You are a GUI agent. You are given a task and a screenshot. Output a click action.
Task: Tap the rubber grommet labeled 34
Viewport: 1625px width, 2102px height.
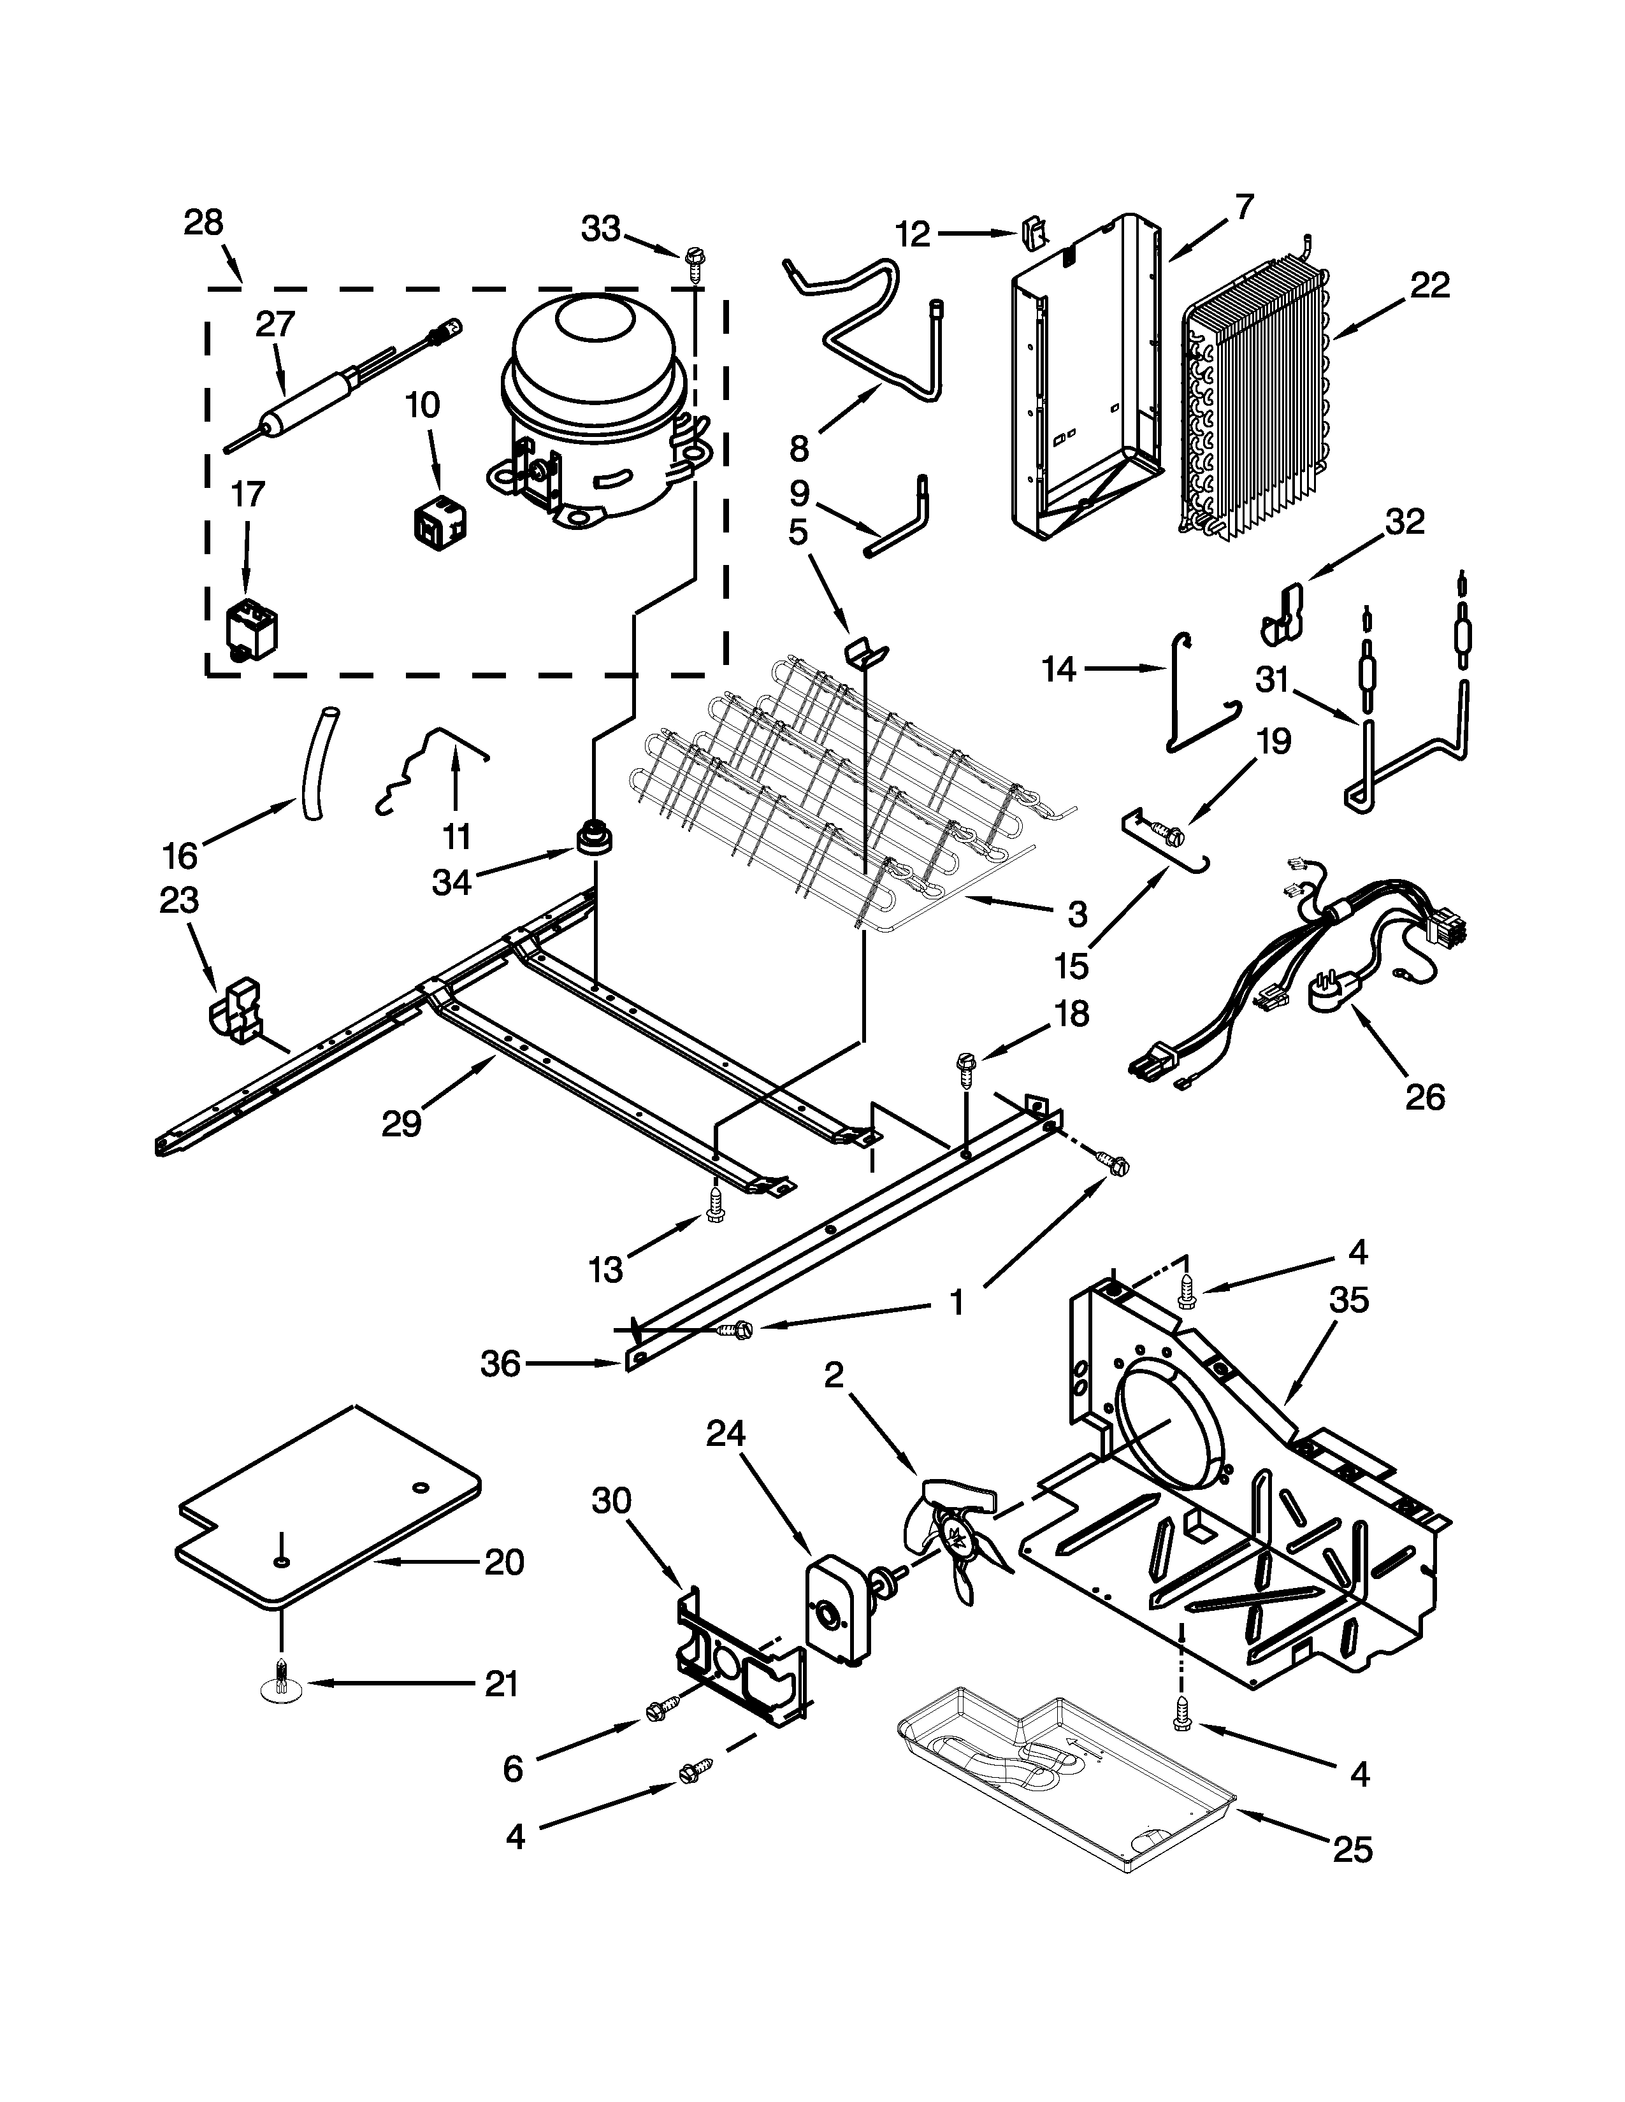(x=594, y=838)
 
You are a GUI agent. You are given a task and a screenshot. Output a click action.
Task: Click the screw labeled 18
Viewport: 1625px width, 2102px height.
(x=965, y=1066)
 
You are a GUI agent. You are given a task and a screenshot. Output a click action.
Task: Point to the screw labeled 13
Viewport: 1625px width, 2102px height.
(x=714, y=1204)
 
